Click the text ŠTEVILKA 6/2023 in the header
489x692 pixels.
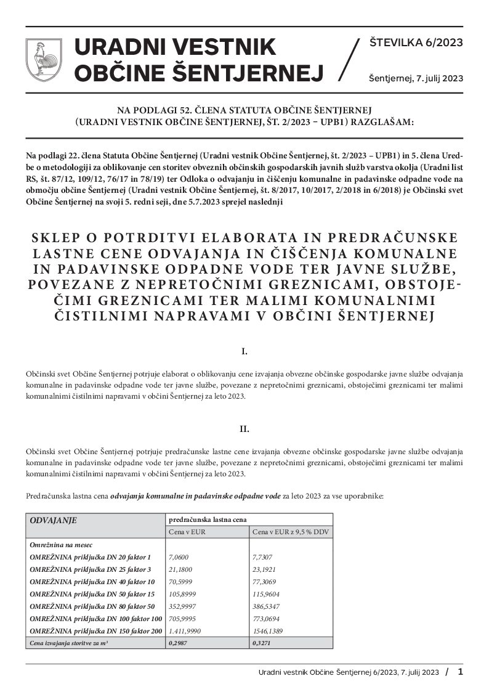coord(416,43)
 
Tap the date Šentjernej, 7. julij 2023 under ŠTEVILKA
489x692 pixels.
coord(416,78)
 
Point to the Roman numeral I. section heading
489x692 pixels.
coord(244,352)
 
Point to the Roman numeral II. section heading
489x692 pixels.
coord(244,428)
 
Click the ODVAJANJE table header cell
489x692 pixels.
coord(54,520)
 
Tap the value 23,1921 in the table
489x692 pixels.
coord(265,569)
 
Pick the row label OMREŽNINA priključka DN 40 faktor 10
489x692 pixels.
coord(92,582)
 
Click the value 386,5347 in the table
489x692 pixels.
coord(267,606)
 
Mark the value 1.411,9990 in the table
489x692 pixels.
coord(185,631)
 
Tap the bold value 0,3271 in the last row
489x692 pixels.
coord(261,643)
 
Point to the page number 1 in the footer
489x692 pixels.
coord(460,672)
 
